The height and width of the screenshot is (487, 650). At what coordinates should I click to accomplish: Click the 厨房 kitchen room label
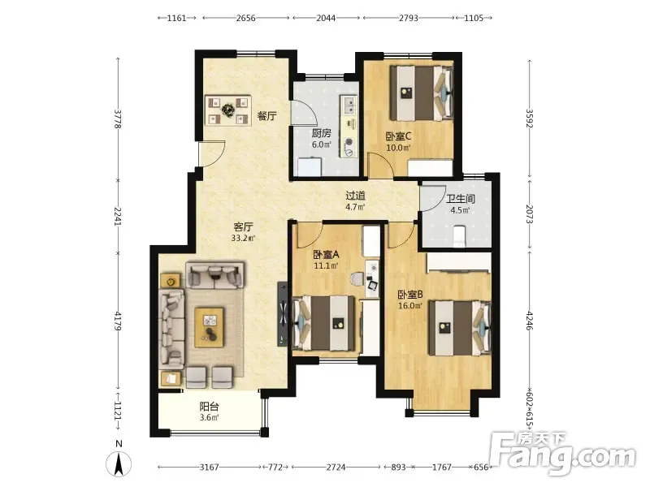(x=321, y=133)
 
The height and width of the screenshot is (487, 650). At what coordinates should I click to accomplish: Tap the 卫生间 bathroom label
(x=460, y=199)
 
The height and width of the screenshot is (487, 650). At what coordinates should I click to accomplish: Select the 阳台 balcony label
(x=210, y=407)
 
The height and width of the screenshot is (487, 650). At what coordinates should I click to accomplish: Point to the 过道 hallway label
(x=356, y=195)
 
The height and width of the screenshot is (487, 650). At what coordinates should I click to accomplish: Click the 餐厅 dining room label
(x=267, y=115)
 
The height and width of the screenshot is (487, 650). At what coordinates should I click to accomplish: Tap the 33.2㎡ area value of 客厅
(x=243, y=238)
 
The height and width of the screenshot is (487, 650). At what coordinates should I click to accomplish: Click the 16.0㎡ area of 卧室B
(x=410, y=306)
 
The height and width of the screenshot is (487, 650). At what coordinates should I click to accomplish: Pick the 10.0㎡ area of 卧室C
(x=398, y=148)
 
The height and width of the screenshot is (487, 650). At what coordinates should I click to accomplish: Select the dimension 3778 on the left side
(x=118, y=119)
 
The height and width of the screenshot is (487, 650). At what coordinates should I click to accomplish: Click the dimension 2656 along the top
(x=246, y=18)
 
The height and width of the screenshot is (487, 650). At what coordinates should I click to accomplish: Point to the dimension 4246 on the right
(x=529, y=321)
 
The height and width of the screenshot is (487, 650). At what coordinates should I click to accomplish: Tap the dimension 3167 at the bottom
(x=209, y=468)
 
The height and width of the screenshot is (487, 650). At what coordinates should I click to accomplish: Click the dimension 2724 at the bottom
(x=336, y=468)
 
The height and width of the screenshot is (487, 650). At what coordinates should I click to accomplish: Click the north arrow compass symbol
(x=119, y=463)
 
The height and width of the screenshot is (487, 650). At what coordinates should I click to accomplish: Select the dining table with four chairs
(x=228, y=110)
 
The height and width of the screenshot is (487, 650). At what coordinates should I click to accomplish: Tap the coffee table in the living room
(x=210, y=327)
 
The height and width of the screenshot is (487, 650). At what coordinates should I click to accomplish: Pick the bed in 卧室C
(x=420, y=93)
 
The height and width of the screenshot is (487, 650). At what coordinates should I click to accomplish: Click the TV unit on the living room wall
(x=282, y=314)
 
